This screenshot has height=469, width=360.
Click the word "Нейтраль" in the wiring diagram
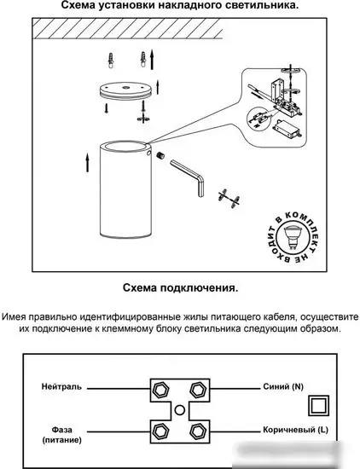pos(61,386)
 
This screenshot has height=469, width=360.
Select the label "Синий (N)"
pos(283,386)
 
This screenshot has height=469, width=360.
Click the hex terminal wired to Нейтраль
pos(160,391)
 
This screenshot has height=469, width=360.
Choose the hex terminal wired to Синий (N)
pos(198,391)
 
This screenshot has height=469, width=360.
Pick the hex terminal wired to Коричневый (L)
pos(198,429)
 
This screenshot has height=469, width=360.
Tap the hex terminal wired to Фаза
pos(160,429)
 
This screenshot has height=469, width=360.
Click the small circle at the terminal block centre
pos(179,410)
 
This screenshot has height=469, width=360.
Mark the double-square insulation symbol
pos(318,404)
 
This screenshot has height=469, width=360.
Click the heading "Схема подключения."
pos(179,288)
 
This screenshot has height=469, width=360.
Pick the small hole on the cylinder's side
pos(158,156)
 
